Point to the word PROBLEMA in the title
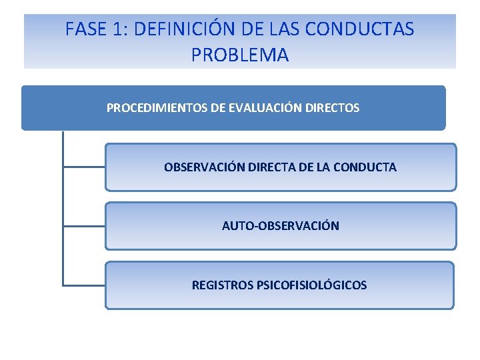click(240, 55)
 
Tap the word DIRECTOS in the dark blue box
click(331, 107)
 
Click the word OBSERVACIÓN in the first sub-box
click(204, 167)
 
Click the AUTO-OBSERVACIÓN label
click(280, 226)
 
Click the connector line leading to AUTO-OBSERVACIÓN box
click(83, 226)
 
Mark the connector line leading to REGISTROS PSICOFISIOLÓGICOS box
click(83, 285)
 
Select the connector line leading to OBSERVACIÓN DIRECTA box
click(83, 167)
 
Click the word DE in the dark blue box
click(218, 107)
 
